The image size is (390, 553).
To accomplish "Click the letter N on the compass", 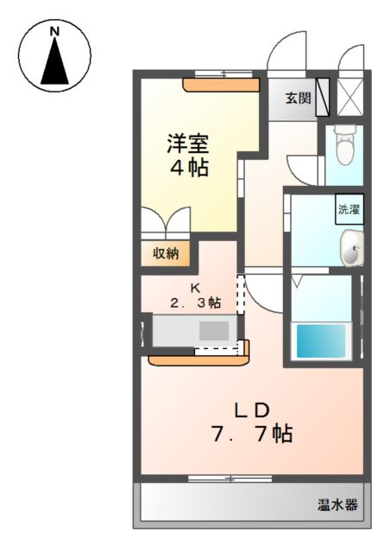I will click(x=55, y=32).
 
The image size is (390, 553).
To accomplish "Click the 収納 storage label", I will click(x=166, y=252).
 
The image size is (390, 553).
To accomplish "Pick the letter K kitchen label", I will click(x=195, y=288).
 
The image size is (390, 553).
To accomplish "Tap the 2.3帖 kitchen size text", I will click(x=194, y=303).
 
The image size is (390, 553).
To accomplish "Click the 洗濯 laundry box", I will click(x=349, y=210).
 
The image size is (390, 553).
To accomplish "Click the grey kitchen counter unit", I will click(x=195, y=331).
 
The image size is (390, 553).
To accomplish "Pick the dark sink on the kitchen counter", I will click(x=215, y=331).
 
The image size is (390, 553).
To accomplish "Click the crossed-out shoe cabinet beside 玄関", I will click(x=323, y=97).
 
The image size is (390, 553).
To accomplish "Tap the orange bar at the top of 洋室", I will click(x=221, y=85).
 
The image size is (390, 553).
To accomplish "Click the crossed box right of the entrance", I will click(x=351, y=97).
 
